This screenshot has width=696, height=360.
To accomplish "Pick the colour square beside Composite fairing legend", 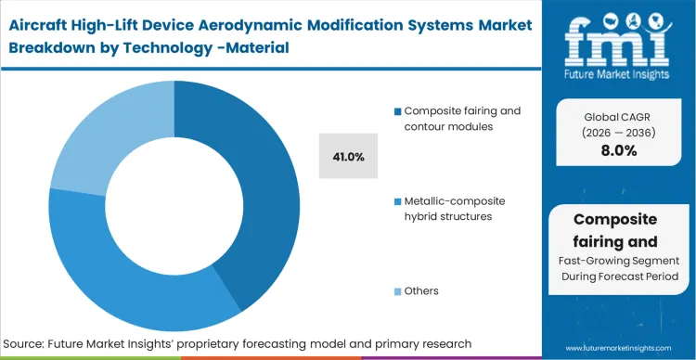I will point(398,111).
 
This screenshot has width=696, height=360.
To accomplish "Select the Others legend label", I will point(421,290).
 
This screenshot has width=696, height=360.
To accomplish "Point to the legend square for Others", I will point(398,291).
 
